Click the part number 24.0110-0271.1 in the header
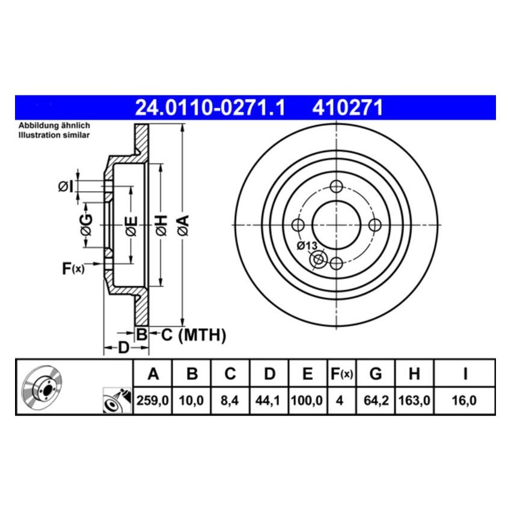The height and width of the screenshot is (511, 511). pyautogui.click(x=210, y=108)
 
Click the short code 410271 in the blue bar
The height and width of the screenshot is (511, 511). pyautogui.click(x=347, y=108)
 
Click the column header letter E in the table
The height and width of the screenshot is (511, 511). pyautogui.click(x=307, y=375)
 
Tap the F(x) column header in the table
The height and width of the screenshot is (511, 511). pyautogui.click(x=341, y=375)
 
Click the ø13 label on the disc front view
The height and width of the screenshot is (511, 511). pyautogui.click(x=307, y=246)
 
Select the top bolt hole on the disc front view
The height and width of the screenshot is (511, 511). pyautogui.click(x=336, y=186)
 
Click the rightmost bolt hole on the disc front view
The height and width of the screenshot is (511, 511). pyautogui.click(x=375, y=225)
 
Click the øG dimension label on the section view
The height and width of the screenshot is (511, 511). pyautogui.click(x=87, y=225)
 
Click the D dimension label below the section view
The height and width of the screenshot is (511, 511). pyautogui.click(x=123, y=348)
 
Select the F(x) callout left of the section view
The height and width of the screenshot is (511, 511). pyautogui.click(x=73, y=268)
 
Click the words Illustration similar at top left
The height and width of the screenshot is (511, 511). pyautogui.click(x=54, y=135)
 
